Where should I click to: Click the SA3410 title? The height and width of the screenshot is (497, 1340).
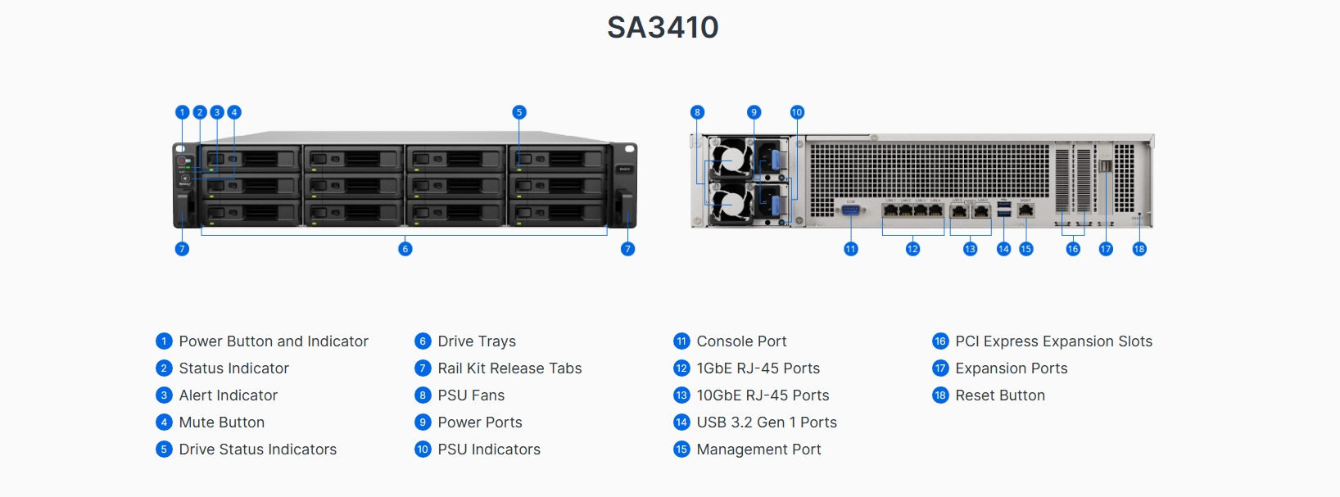663,28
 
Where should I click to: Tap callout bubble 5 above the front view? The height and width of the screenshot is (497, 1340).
519,112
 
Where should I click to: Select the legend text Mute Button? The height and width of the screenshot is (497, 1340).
221,422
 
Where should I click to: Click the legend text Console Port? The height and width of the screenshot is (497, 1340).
741,341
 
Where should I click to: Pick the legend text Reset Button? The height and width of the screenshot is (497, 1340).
999,395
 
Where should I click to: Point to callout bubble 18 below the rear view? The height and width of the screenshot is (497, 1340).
1139,249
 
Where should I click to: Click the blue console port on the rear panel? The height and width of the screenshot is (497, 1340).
851,210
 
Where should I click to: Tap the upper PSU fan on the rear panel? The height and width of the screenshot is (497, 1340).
731,160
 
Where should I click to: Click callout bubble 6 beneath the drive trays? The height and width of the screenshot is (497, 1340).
405,249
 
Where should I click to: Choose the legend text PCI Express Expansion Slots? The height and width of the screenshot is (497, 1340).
1053,341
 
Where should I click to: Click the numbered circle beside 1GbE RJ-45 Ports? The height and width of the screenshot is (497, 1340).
681,368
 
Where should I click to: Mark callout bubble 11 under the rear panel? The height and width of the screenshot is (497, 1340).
851,249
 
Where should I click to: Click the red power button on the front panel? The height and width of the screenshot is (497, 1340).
182,160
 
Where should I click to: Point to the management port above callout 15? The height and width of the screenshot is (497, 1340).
1026,210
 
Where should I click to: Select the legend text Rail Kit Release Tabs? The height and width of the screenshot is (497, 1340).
509,368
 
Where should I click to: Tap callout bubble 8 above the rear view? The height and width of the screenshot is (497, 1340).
697,112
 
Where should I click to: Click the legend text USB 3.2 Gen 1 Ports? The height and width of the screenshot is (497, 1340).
767,422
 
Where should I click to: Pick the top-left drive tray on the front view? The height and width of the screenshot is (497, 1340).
251,159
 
